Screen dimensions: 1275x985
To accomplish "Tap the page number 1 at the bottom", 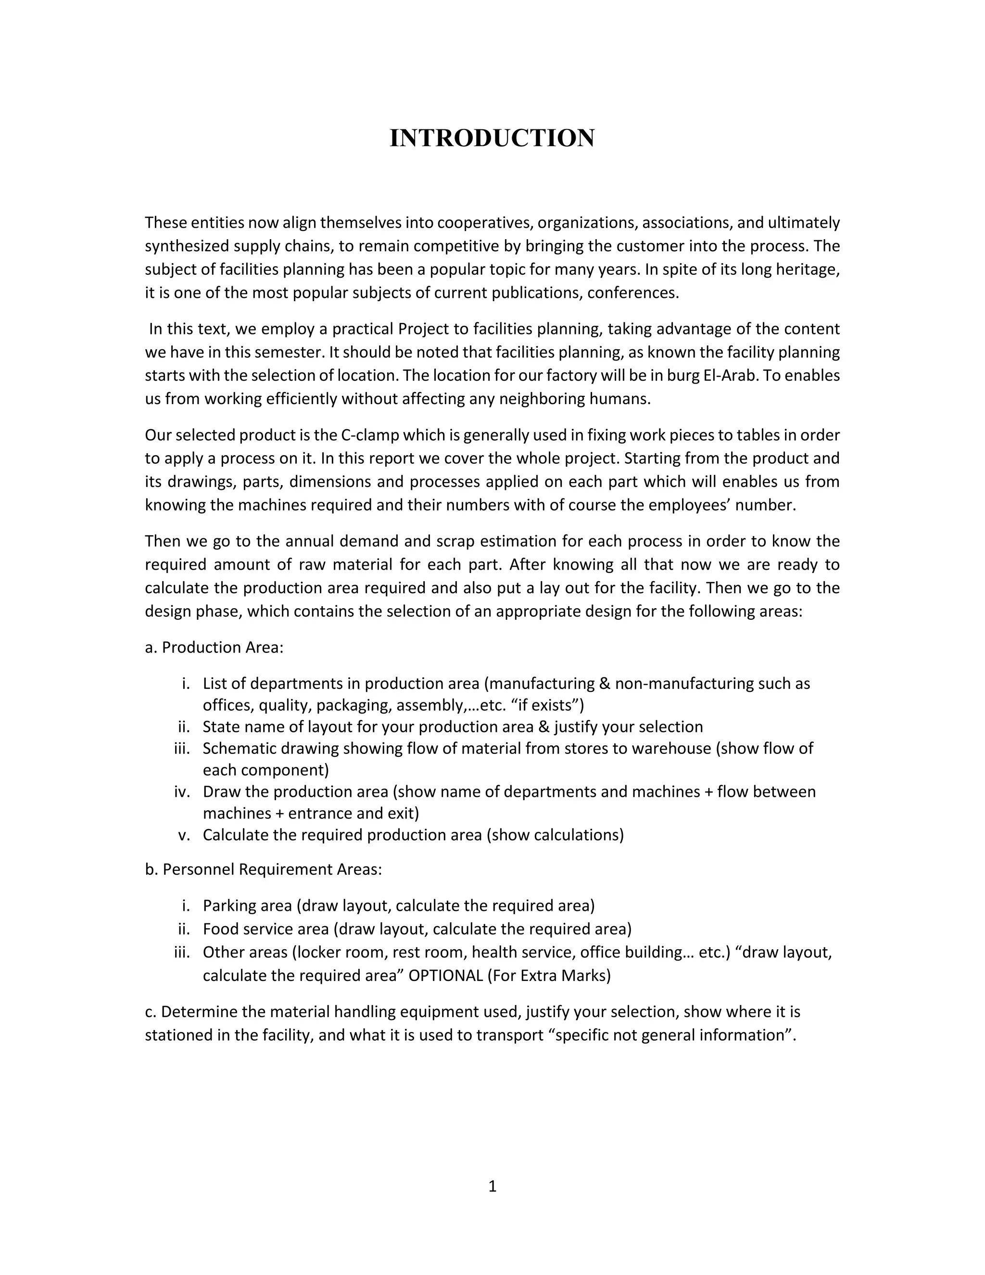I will (492, 1186).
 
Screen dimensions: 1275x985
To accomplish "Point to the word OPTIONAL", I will (445, 976).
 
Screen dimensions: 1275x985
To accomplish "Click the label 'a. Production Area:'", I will (214, 648).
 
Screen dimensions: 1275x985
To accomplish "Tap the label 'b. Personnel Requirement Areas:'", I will (263, 869).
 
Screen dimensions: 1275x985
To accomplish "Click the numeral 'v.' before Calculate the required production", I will (184, 835).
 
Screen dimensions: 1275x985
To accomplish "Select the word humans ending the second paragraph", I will (624, 399).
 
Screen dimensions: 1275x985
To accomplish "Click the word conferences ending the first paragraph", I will (633, 293).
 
